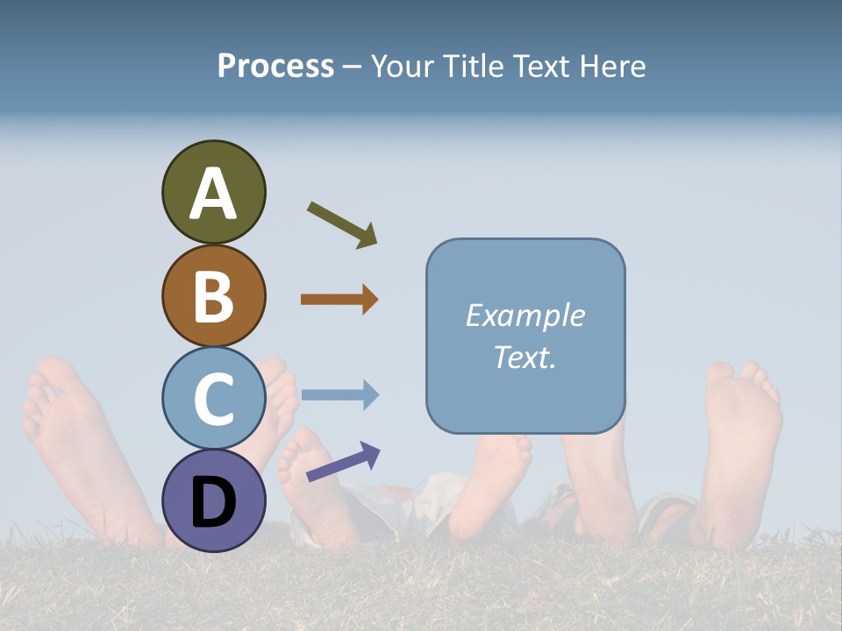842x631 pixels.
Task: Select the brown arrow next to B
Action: point(339,299)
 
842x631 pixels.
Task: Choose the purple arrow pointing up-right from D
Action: point(343,462)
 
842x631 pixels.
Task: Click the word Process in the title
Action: point(275,66)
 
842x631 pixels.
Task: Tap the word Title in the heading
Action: point(475,66)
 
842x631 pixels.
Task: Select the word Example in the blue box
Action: point(524,315)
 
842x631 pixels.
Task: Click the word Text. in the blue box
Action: point(524,357)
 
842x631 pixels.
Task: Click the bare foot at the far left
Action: point(70,438)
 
